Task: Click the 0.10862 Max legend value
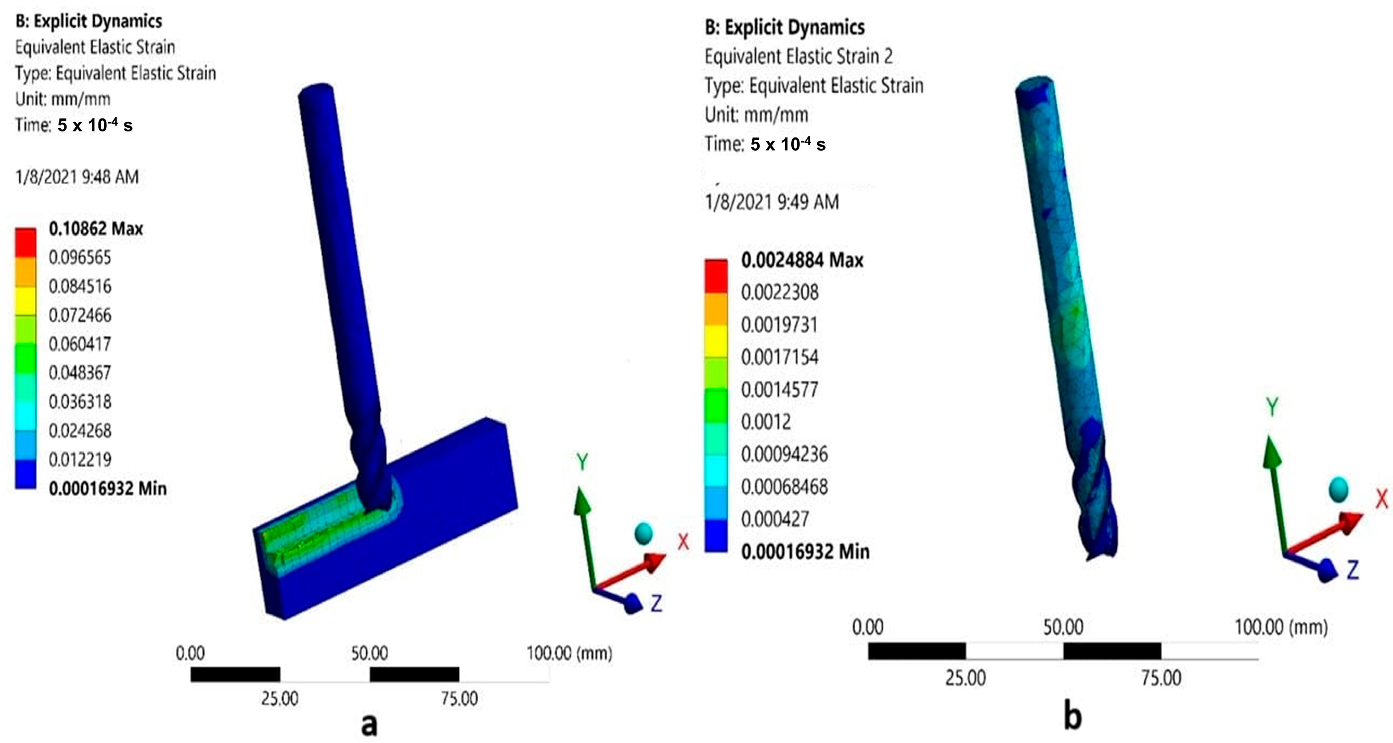coord(96,229)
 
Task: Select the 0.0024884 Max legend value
coord(802,260)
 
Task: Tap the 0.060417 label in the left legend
coord(80,344)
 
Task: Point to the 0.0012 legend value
coord(766,422)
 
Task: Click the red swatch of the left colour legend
coord(26,242)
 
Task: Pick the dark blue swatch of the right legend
coord(716,535)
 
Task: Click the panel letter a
coord(369,724)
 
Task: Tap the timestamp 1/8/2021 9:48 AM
coord(78,177)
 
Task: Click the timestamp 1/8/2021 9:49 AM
coord(772,202)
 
